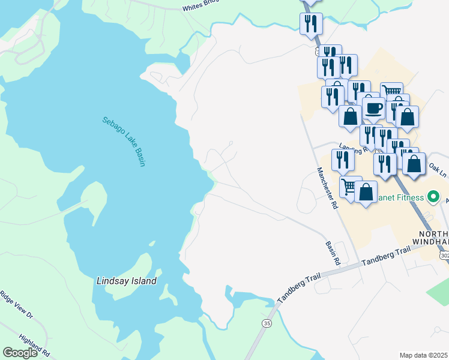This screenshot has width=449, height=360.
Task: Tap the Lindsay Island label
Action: point(127,281)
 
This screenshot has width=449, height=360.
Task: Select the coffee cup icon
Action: point(373,108)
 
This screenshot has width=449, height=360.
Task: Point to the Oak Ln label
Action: point(439,170)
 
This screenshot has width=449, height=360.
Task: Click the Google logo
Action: point(20,353)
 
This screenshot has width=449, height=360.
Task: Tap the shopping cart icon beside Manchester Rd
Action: point(349,186)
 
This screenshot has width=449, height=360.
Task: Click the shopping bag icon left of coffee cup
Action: point(350,115)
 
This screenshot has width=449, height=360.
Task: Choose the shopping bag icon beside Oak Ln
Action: point(414,164)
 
